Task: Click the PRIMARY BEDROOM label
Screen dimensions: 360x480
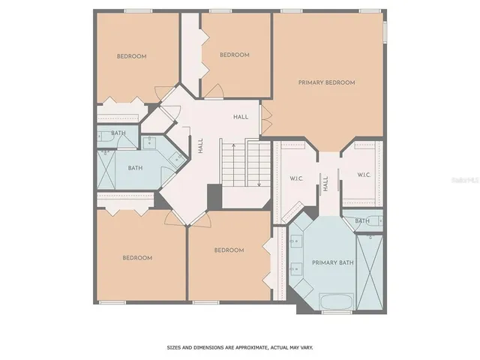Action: [326, 82]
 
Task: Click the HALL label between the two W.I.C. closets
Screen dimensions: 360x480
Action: [326, 183]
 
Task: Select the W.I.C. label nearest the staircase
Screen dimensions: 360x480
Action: [295, 178]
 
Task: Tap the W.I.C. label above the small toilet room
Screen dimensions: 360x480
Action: [363, 175]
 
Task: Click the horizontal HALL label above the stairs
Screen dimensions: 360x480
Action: [241, 117]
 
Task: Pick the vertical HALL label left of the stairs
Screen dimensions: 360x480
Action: [200, 145]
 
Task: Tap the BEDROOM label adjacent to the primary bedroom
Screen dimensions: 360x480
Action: [234, 55]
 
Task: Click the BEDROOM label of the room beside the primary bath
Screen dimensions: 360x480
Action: [229, 250]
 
